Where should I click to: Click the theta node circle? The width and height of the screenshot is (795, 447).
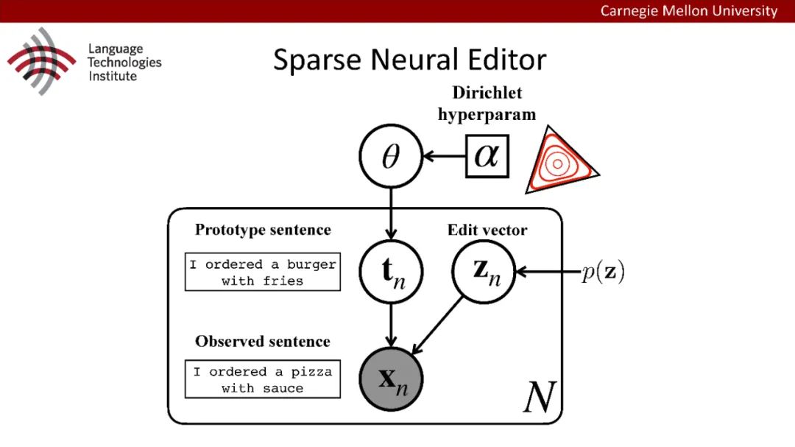tap(390, 158)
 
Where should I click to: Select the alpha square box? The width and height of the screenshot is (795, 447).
tap(487, 157)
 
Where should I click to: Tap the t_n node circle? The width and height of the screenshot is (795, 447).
tap(390, 272)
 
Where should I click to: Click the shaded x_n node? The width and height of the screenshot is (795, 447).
tap(390, 380)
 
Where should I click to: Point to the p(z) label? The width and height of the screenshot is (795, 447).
tap(602, 272)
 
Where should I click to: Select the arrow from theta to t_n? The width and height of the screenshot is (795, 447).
tap(390, 214)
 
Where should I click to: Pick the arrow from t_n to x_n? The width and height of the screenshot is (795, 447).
tap(390, 324)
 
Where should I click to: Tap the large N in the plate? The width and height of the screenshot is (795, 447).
tap(540, 398)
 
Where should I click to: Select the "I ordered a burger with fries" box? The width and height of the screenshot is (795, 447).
tap(263, 272)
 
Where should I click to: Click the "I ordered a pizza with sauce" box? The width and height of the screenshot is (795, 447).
tap(263, 380)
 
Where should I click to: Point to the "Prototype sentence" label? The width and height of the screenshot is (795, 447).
tap(263, 230)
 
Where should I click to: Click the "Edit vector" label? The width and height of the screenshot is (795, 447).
tap(487, 230)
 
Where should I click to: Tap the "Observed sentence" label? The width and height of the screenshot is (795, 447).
tap(263, 341)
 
